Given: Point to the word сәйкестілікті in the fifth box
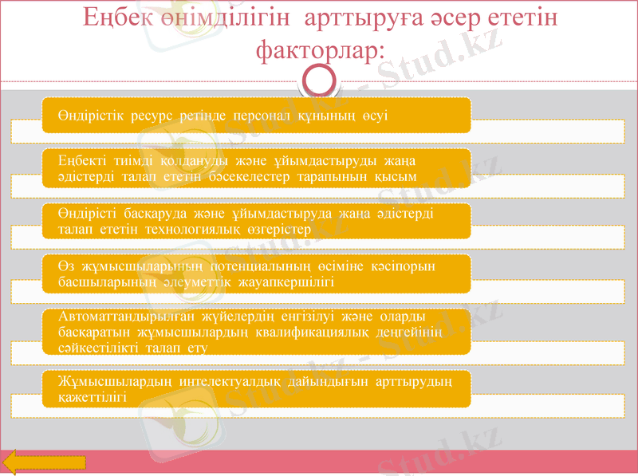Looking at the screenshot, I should point(98,348).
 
